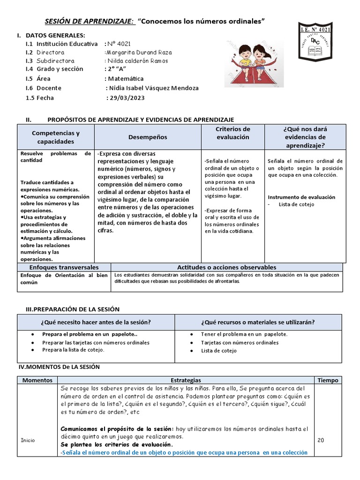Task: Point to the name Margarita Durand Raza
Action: pos(138,52)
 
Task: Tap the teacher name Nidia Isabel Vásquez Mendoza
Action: pos(153,88)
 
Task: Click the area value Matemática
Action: pos(125,79)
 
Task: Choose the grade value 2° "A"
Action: pos(117,69)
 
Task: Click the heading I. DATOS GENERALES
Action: pos(51,35)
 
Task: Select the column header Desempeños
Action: pos(148,137)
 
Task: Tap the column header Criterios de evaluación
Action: pos(233,133)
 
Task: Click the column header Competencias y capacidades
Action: pos(56,137)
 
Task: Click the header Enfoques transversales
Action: pos(64,267)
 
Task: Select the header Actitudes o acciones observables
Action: pos(226,267)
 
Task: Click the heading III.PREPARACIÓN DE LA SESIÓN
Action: pos(73,309)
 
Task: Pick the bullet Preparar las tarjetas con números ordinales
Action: pos(96,343)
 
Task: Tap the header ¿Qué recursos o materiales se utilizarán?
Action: pos(258,322)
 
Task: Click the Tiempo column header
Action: pos(327,381)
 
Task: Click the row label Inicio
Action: pos(28,440)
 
